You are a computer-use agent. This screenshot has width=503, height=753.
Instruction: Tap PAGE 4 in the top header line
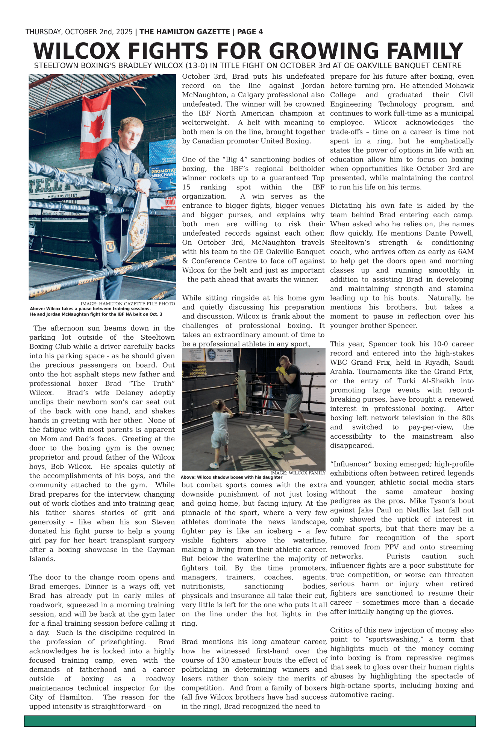coord(250,32)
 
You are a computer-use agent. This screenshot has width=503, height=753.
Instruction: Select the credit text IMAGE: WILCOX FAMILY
coord(298,473)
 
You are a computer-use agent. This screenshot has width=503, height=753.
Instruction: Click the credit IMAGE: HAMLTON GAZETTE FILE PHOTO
coord(127,304)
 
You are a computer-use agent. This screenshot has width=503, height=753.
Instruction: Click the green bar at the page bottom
coord(250,721)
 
